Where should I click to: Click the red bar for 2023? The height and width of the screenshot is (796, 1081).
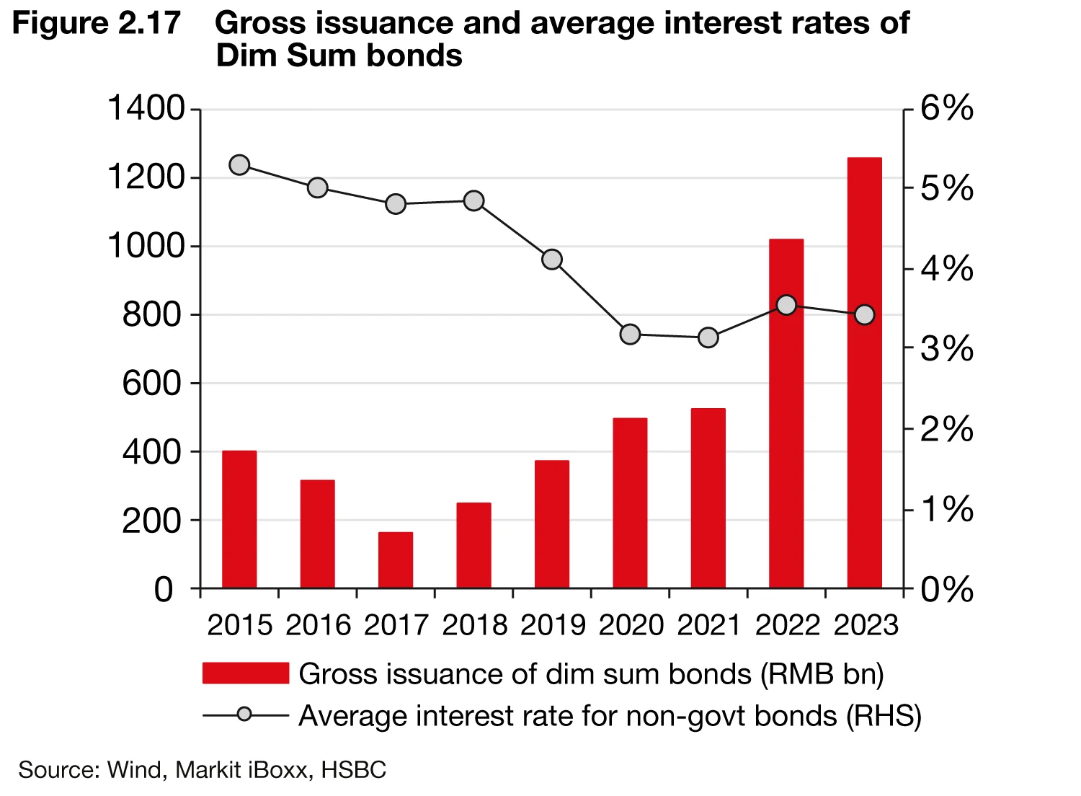[864, 373]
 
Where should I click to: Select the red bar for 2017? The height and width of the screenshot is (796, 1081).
[396, 560]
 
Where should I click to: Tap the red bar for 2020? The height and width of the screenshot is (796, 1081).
[630, 503]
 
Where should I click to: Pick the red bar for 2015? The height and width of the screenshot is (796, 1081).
[239, 519]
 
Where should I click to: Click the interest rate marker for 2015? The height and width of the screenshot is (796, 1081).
[239, 165]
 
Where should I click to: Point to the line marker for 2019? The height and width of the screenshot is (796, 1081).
[552, 260]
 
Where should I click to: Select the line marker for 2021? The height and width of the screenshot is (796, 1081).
[708, 337]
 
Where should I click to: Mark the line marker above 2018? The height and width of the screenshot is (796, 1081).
[473, 200]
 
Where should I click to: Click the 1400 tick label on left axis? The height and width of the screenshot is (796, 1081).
[146, 110]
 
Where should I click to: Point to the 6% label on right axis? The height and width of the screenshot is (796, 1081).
[948, 110]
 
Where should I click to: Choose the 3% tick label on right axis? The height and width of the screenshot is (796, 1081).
[948, 350]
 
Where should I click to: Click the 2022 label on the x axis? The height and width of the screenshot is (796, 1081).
[787, 625]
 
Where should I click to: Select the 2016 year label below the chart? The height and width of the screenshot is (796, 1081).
[318, 625]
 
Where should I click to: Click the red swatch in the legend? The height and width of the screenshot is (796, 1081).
[246, 673]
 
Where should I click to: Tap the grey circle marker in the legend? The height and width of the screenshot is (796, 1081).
[246, 715]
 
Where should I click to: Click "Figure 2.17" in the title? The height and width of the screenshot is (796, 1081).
[96, 24]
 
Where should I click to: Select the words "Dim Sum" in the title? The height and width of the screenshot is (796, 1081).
[287, 56]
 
